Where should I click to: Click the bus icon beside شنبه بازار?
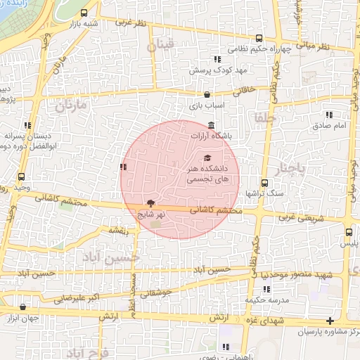tap(85, 13)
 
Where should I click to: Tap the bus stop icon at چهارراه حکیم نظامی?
tap(259, 39)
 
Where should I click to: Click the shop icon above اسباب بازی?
tap(207, 94)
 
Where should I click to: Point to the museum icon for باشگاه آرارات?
tap(212, 124)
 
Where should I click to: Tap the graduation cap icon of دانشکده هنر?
tap(207, 157)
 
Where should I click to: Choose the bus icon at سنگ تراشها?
tap(264, 182)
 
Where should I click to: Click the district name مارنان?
tap(71, 107)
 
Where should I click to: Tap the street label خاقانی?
tap(254, 90)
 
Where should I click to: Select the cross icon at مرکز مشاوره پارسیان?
tap(330, 320)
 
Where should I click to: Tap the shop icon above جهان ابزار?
tap(25, 307)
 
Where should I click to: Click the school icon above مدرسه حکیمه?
tap(266, 289)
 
